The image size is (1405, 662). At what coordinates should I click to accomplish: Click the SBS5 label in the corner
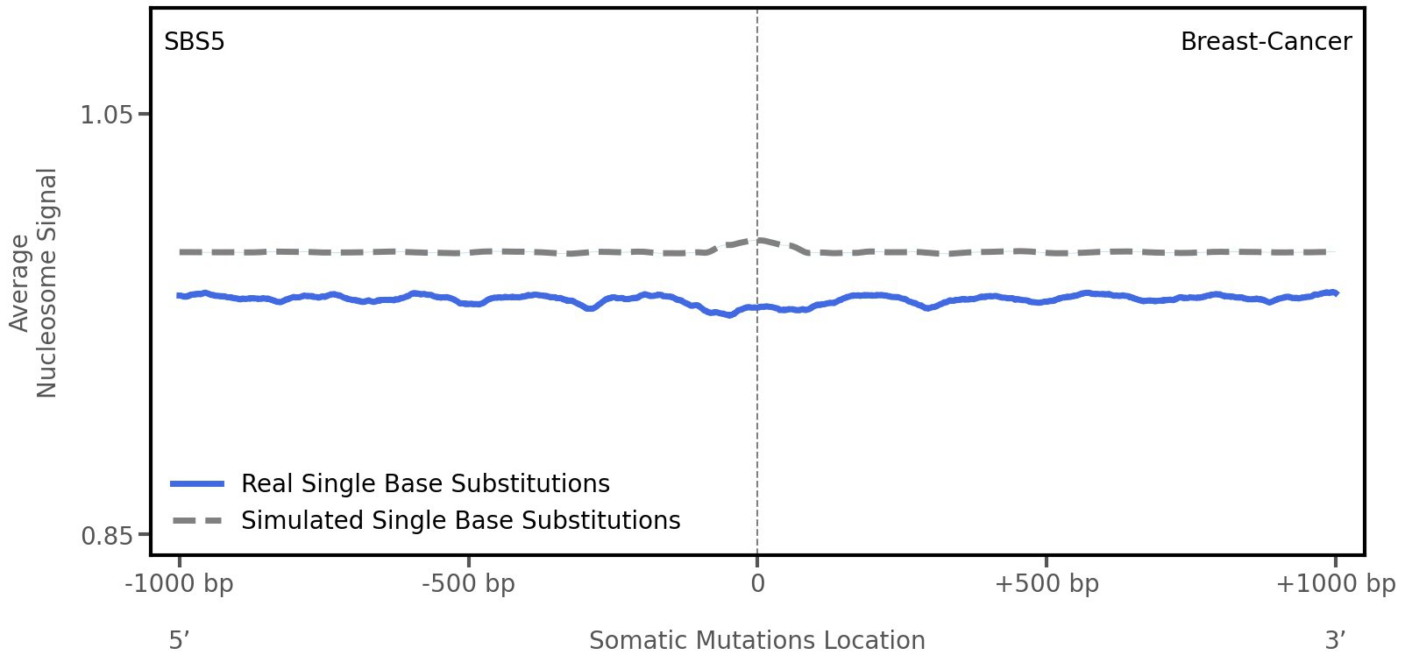tap(194, 42)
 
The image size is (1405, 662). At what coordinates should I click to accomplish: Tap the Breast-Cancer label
tap(1265, 42)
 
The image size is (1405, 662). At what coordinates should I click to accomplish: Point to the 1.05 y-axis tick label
tap(106, 115)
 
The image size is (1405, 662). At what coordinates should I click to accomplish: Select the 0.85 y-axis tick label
tap(106, 535)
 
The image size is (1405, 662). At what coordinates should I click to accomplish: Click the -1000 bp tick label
tap(180, 584)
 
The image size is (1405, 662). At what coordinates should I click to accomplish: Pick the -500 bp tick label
tap(468, 584)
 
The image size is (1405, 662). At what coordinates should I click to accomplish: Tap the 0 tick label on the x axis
tap(757, 584)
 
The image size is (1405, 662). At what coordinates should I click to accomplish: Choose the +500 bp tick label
tap(1046, 584)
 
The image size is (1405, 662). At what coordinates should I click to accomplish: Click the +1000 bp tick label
tap(1334, 584)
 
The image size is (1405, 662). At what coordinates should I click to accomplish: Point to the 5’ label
tap(179, 641)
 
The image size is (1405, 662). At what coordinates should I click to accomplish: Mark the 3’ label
tap(1335, 641)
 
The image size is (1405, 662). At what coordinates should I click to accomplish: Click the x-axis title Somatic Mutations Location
tap(756, 641)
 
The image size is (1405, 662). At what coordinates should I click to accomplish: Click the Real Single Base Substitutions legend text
tap(425, 484)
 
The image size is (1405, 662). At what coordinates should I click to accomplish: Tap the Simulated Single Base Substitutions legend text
tap(460, 521)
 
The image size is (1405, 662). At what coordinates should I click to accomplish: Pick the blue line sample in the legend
tap(198, 484)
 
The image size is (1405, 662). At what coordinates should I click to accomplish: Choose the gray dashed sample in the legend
tap(198, 521)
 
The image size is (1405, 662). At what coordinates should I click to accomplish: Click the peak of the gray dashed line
tap(759, 240)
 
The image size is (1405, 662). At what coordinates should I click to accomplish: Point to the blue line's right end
tap(1335, 292)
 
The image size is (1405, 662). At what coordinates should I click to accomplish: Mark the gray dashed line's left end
tap(181, 252)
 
